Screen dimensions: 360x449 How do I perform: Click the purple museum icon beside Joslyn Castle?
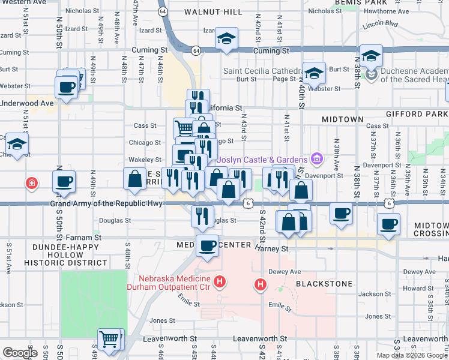317,159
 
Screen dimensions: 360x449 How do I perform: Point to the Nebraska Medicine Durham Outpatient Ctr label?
175,283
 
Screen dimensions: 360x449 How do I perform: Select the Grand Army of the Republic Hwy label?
107,204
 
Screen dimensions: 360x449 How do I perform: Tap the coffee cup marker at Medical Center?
208,246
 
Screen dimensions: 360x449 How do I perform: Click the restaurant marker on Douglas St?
202,215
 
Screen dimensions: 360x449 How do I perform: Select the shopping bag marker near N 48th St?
134,179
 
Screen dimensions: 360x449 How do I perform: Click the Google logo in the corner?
20,352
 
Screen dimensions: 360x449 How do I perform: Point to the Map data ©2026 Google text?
411,355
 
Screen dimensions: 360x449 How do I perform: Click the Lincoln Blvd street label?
381,24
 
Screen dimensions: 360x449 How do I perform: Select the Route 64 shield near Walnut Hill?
163,11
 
